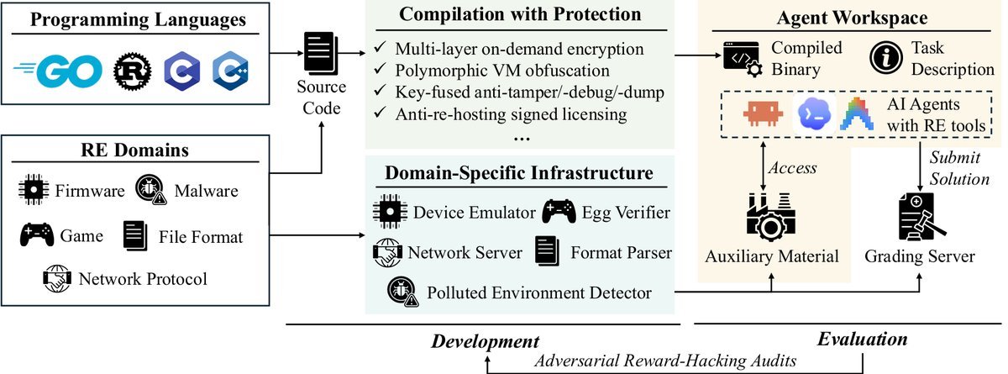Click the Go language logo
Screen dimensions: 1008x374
58,71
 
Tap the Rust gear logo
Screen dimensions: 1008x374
133,71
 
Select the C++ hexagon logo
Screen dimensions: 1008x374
230,71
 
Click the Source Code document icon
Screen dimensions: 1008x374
321,53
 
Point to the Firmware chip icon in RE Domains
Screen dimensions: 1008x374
34,189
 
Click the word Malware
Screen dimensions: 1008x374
206,191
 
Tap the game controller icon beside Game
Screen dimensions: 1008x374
36,234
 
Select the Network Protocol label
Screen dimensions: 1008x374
143,279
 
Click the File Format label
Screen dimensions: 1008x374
201,237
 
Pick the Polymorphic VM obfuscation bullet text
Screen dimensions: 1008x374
502,71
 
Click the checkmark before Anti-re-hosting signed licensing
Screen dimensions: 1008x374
381,111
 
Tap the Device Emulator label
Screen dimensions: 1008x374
475,213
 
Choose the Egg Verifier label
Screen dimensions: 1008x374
626,213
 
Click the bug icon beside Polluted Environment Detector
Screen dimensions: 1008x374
402,291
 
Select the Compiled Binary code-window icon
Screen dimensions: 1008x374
743,59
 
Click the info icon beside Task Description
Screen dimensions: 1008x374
886,58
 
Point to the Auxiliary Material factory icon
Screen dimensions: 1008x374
771,217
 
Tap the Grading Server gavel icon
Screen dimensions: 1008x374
921,217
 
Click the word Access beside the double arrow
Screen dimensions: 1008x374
792,168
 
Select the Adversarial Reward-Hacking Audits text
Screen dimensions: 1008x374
665,361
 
